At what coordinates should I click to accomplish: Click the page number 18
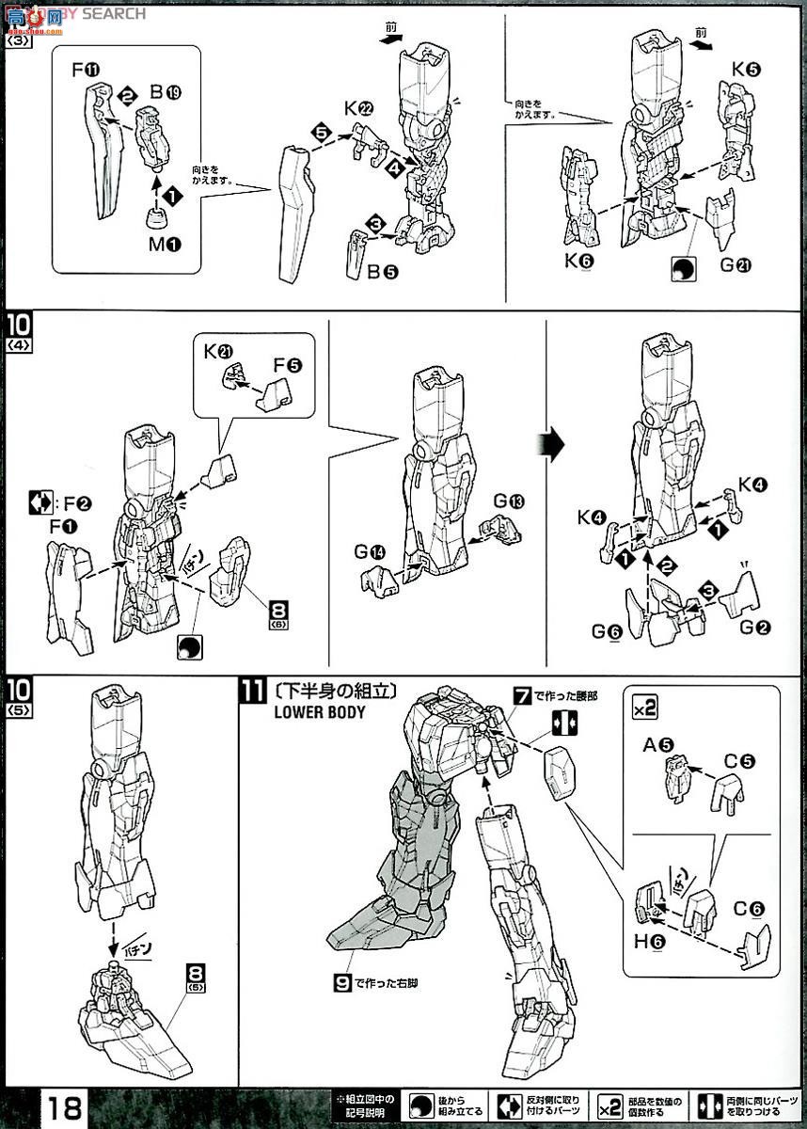[x=63, y=1104]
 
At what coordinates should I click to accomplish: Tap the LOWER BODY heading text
[x=320, y=712]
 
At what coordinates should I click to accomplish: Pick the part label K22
[x=359, y=108]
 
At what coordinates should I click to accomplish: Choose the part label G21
[x=736, y=265]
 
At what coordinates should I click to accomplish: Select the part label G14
[x=372, y=552]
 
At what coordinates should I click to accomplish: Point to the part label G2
[x=749, y=628]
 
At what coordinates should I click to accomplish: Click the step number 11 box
[x=251, y=692]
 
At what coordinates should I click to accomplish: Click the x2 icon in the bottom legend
[x=609, y=1103]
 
